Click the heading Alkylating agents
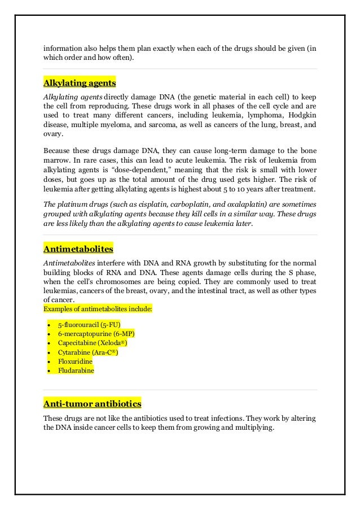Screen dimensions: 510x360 [80, 83]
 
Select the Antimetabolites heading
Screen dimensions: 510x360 [78, 249]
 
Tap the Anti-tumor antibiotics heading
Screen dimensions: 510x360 [93, 404]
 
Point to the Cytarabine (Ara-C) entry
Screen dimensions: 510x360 [87, 352]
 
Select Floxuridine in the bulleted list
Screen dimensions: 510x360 [75, 361]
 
